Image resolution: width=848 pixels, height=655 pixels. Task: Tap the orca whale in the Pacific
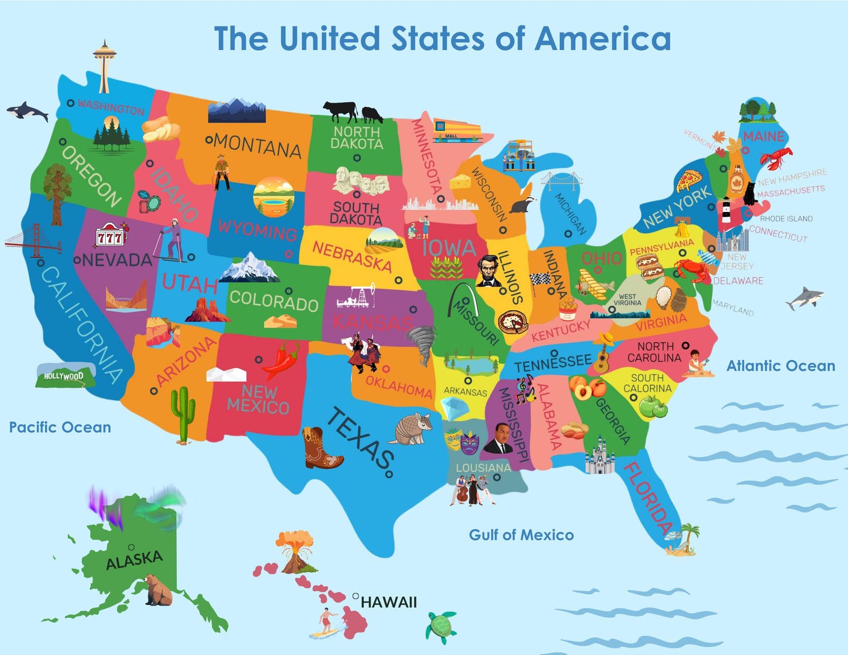27,112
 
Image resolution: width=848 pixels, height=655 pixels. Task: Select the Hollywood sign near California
65,376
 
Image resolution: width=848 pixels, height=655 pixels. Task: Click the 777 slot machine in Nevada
110,235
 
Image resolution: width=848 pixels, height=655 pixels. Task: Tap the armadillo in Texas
411,428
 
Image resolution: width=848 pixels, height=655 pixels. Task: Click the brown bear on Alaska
158,590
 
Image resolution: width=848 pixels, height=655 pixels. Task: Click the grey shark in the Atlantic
805,298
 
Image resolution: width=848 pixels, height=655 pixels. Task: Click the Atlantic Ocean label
781,366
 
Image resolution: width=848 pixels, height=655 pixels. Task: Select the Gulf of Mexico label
521,535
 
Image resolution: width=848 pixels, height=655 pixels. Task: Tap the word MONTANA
257,146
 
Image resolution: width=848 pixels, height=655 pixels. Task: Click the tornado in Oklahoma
422,344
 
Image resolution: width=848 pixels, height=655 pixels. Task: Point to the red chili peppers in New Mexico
282,361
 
